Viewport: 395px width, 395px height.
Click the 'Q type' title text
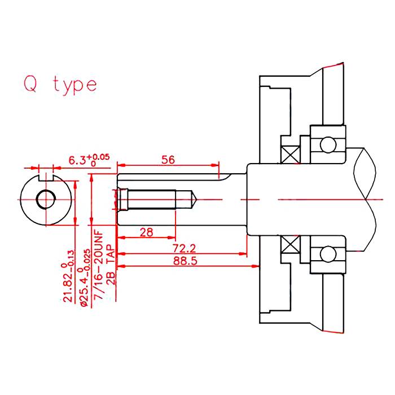(x=60, y=85)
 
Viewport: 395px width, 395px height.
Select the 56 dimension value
(x=168, y=160)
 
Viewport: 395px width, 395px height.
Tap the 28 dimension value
(x=146, y=232)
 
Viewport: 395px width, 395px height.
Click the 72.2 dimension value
(x=184, y=248)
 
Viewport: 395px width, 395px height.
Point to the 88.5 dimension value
(x=185, y=261)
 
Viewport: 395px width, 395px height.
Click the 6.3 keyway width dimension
(x=89, y=160)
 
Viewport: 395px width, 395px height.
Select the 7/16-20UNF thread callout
(x=99, y=265)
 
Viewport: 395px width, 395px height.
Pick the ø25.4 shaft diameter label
(x=85, y=278)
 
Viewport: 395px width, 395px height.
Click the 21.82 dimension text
(x=68, y=275)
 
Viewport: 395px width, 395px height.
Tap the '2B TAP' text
(x=111, y=266)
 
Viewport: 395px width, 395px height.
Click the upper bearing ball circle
(x=328, y=144)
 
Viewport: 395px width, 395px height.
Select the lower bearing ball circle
(x=328, y=254)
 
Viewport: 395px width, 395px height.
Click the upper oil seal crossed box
(x=291, y=155)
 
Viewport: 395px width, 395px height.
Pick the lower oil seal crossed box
(x=291, y=244)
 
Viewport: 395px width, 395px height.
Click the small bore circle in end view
(x=46, y=199)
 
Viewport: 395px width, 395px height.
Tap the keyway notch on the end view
(x=46, y=177)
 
